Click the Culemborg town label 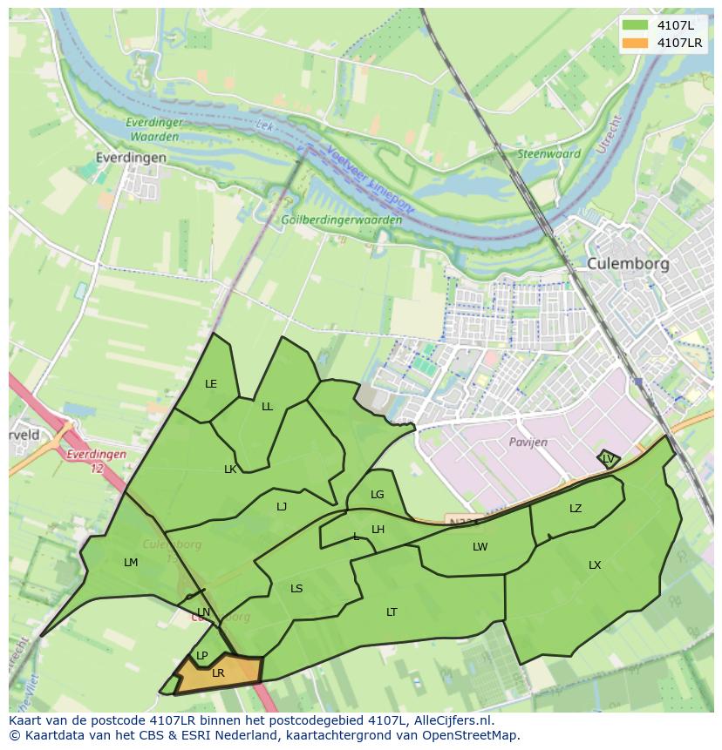[x=627, y=263]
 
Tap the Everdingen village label [x=132, y=158]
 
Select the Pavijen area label [x=528, y=442]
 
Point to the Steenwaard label [x=549, y=154]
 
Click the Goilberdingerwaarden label [x=342, y=220]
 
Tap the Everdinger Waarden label [x=153, y=130]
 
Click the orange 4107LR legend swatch [x=636, y=43]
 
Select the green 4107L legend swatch [x=636, y=25]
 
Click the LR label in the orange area [x=218, y=673]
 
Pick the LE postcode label [x=210, y=384]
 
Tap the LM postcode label [x=131, y=563]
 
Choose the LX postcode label [x=595, y=565]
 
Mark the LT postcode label [x=392, y=612]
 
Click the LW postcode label [x=480, y=547]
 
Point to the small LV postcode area [x=608, y=458]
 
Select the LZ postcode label [x=576, y=509]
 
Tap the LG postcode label [x=377, y=495]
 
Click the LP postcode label [x=201, y=656]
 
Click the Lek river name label [x=266, y=127]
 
